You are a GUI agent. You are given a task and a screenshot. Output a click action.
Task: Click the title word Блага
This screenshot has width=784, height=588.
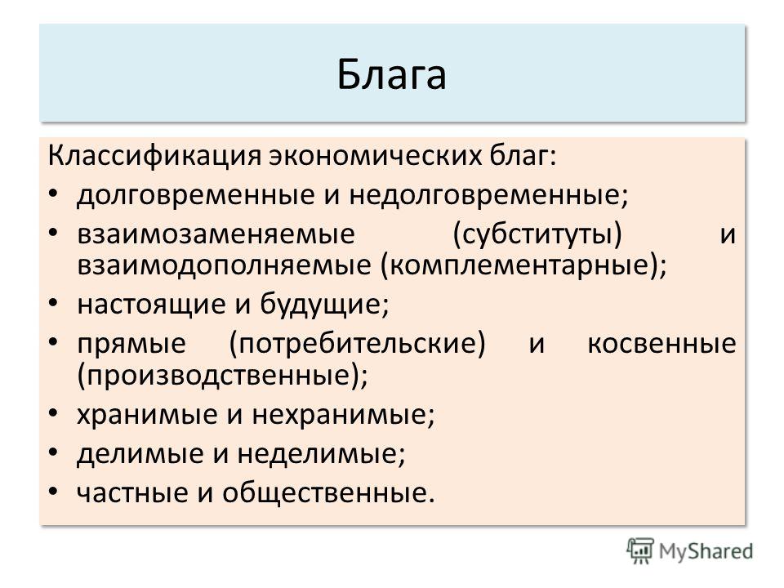pyautogui.click(x=391, y=74)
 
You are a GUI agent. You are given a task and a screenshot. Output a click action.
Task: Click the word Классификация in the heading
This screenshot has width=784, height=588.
pyautogui.click(x=154, y=156)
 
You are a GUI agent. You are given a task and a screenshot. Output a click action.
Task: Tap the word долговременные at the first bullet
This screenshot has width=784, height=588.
pyautogui.click(x=195, y=194)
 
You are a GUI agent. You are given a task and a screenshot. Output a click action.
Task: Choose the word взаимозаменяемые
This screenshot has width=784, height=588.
pyautogui.click(x=216, y=234)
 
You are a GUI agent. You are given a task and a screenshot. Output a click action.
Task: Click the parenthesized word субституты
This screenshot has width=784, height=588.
pyautogui.click(x=537, y=234)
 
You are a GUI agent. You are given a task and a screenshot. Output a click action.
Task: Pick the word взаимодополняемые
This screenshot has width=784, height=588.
pyautogui.click(x=224, y=265)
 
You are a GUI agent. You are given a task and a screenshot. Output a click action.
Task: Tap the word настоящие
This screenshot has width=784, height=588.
pyautogui.click(x=152, y=304)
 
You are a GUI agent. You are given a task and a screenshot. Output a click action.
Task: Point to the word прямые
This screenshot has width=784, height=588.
pyautogui.click(x=131, y=344)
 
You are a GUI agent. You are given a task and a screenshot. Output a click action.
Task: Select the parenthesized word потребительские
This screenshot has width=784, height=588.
pyautogui.click(x=358, y=343)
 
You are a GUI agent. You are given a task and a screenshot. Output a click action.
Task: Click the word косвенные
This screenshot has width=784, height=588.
pyautogui.click(x=661, y=344)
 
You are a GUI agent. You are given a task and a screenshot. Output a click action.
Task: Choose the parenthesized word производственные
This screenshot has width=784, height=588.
pyautogui.click(x=219, y=375)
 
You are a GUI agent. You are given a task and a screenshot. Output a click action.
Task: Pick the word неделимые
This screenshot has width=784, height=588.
pyautogui.click(x=318, y=453)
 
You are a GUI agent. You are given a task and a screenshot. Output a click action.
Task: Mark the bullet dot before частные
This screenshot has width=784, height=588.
pyautogui.click(x=54, y=492)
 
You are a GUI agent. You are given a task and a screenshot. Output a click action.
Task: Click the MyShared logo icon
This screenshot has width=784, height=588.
pyautogui.click(x=640, y=551)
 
